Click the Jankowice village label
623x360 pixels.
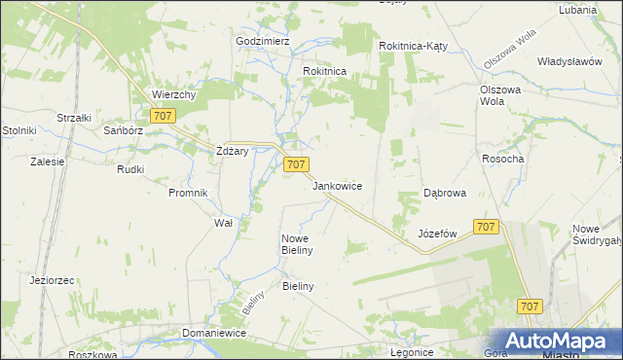[338, 184]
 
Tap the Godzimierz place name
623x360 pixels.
[263, 42]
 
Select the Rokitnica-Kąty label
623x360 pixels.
[412, 46]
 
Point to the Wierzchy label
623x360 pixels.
[175, 95]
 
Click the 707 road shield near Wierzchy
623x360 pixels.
[164, 116]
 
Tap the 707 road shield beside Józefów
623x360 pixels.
[487, 227]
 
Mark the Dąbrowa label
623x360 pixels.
[445, 194]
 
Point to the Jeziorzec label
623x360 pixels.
[53, 280]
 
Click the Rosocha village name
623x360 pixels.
[503, 159]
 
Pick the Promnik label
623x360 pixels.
[189, 193]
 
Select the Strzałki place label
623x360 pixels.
[74, 118]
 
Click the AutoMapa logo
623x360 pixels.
[554, 340]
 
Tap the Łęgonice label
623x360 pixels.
[411, 352]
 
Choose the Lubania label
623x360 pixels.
[577, 10]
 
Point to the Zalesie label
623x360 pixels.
[47, 162]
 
